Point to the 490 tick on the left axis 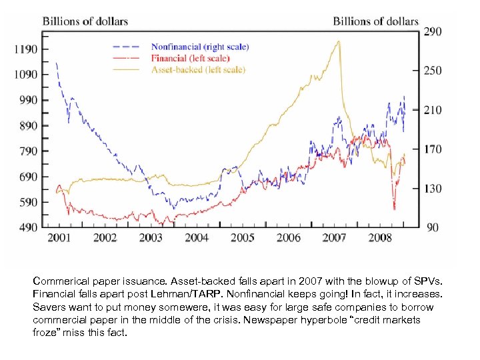pos(27,227)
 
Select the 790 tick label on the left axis pos(27,151)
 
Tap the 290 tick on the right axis pos(433,31)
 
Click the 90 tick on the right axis pos(433,228)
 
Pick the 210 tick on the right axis pos(433,110)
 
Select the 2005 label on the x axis pos(242,238)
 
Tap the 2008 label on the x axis pos(380,238)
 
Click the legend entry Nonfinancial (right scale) pos(199,47)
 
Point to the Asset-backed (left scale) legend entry pos(198,69)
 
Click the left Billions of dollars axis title pos(85,21)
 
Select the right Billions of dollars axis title pos(375,21)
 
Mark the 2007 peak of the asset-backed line pos(339,41)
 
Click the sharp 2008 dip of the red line pos(394,209)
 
